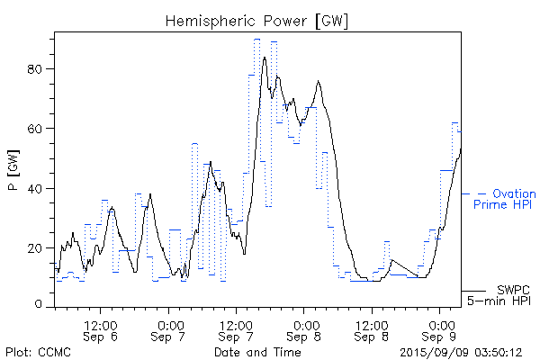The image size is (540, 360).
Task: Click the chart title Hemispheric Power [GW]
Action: pos(257,20)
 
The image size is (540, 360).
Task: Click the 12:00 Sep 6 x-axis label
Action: pos(99,329)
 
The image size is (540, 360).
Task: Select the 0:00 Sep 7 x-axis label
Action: pos(167,329)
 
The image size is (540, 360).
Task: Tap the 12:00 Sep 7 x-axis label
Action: pos(235,329)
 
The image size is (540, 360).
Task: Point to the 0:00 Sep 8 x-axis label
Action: pos(304,329)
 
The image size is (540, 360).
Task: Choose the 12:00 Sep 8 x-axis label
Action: pos(372,329)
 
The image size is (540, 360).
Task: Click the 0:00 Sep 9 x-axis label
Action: pos(440,329)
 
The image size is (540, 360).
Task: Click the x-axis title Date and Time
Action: pos(257,352)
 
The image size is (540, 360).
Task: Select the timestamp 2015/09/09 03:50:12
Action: pos(461,352)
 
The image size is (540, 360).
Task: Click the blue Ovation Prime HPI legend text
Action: pos(508,199)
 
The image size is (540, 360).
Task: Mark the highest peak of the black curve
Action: pos(265,57)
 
